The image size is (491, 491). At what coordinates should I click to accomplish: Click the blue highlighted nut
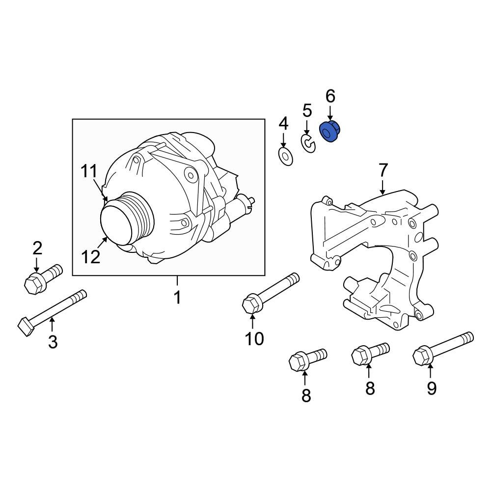(x=330, y=131)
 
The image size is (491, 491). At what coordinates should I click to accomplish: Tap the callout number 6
(x=330, y=96)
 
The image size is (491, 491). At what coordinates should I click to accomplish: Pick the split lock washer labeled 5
(x=308, y=144)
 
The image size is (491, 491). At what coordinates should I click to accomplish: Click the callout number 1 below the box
(x=177, y=297)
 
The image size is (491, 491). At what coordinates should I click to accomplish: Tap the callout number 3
(x=53, y=341)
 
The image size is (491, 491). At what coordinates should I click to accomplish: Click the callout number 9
(x=431, y=388)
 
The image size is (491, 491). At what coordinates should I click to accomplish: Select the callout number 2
(x=37, y=248)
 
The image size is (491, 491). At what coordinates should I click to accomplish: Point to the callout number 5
(x=307, y=110)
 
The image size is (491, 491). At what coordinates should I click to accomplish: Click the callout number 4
(x=283, y=123)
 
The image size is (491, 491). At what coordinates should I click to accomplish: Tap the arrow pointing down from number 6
(x=330, y=111)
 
